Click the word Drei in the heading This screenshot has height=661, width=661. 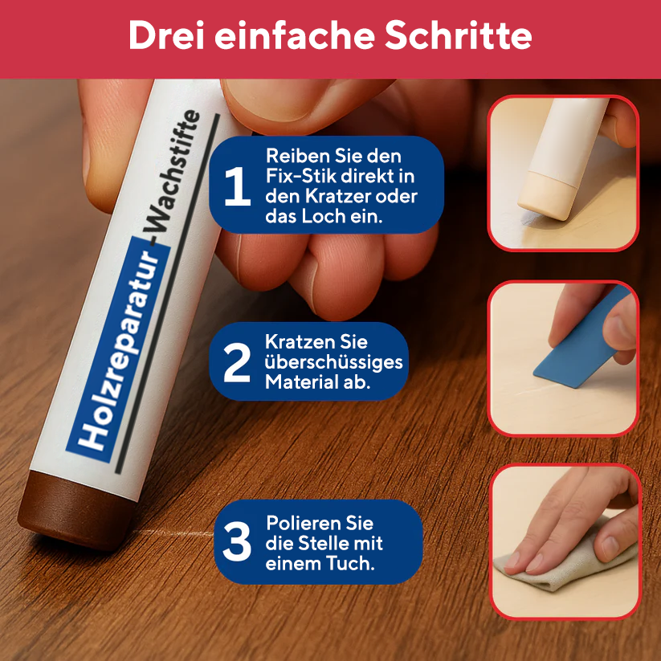click(168, 36)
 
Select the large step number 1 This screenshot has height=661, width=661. click(238, 186)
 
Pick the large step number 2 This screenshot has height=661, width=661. click(237, 362)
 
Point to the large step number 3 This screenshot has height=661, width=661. click(237, 542)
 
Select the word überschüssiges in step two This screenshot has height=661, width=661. click(334, 363)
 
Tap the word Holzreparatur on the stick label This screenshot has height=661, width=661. click(120, 345)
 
